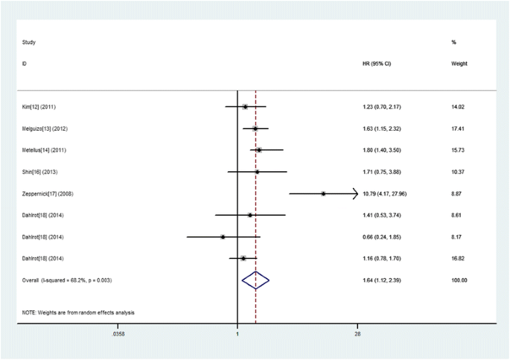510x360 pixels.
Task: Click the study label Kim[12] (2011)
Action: (x=39, y=107)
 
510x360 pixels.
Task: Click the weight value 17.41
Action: (x=458, y=129)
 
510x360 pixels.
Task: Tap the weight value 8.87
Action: (x=458, y=193)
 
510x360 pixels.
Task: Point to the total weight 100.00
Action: (x=459, y=280)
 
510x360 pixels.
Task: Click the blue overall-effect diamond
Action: (x=255, y=280)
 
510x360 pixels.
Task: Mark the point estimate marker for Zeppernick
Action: (x=323, y=193)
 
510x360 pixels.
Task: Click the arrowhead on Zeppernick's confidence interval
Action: (x=354, y=193)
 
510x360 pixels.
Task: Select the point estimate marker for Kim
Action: (x=245, y=107)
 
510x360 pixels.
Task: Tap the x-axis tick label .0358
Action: (x=118, y=334)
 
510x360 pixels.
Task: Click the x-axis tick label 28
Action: (x=357, y=334)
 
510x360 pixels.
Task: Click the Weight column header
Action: (x=459, y=64)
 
